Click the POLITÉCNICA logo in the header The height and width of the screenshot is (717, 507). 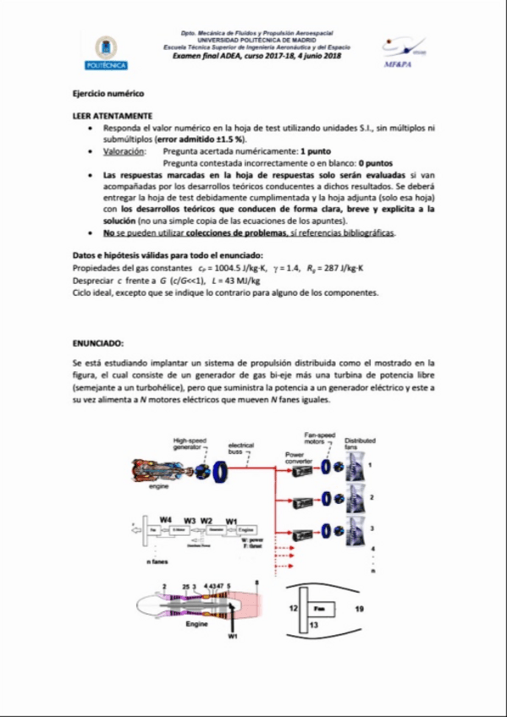(x=106, y=52)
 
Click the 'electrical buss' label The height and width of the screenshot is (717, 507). (x=241, y=448)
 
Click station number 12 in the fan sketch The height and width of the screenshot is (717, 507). (x=292, y=607)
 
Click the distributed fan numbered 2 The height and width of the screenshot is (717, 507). (x=353, y=498)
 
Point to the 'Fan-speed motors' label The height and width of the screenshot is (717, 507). (x=317, y=438)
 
